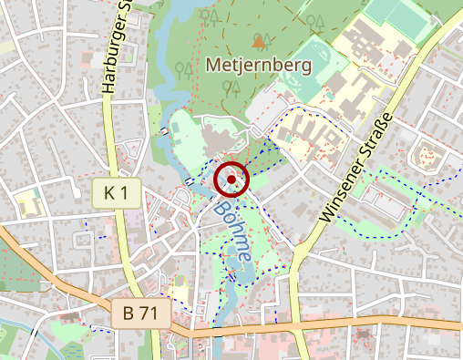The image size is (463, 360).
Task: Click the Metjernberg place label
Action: pyautogui.click(x=259, y=66)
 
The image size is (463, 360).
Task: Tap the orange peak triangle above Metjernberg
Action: pyautogui.click(x=259, y=41)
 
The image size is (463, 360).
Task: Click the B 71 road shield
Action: pyautogui.click(x=141, y=314)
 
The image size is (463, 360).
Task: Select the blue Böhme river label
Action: pyautogui.click(x=232, y=233)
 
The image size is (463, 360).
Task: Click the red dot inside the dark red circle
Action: pyautogui.click(x=231, y=180)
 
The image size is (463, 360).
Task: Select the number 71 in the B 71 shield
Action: pyautogui.click(x=149, y=314)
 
